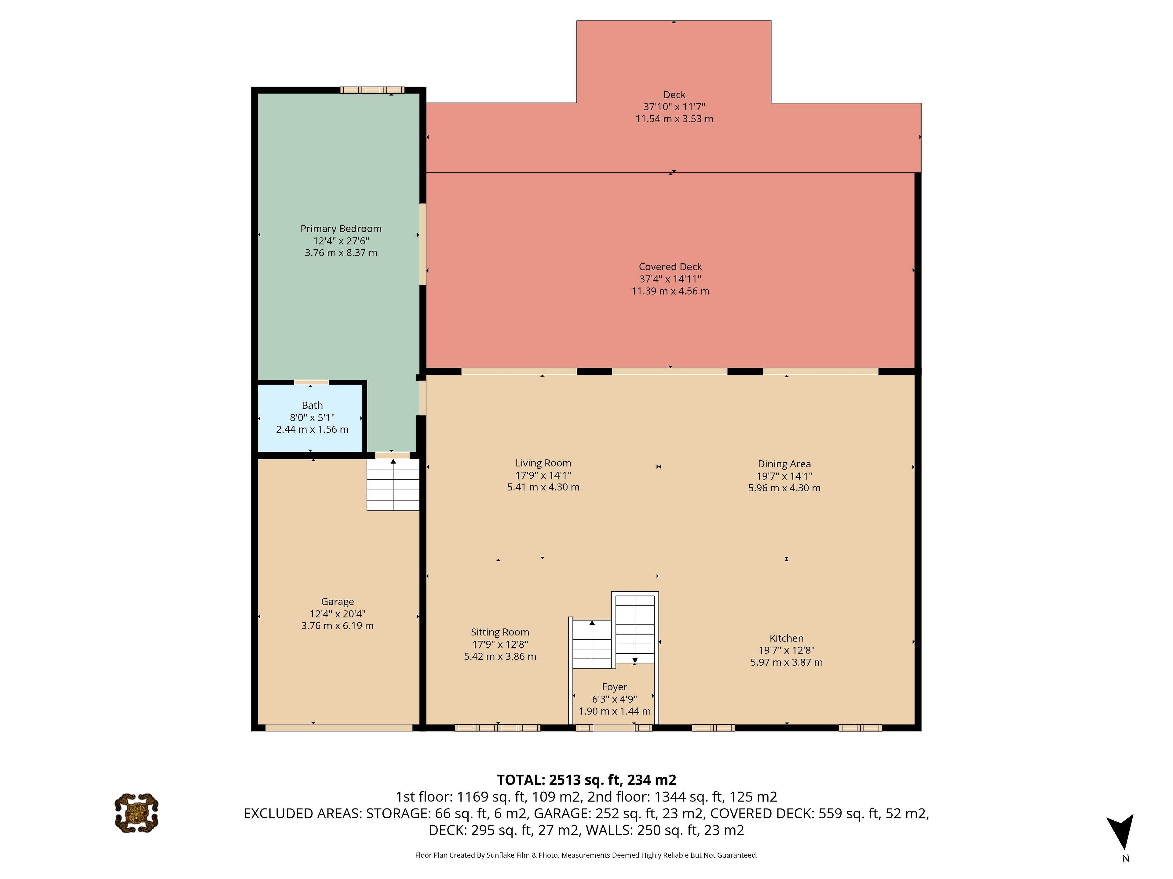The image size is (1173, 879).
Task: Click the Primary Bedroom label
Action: [341, 228]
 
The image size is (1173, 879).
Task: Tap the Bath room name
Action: [312, 405]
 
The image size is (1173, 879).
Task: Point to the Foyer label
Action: [615, 687]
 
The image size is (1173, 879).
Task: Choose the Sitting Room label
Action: [500, 632]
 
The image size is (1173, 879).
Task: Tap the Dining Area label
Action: [784, 464]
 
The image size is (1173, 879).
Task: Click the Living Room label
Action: [543, 463]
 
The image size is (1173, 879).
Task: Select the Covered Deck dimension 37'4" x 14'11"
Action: [670, 279]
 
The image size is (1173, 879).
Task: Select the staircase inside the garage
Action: [393, 485]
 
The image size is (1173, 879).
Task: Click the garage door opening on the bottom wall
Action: [339, 728]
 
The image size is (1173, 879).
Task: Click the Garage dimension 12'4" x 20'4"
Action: [337, 613]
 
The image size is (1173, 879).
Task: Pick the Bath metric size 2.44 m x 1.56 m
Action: [312, 429]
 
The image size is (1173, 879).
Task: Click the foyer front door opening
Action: [614, 728]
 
